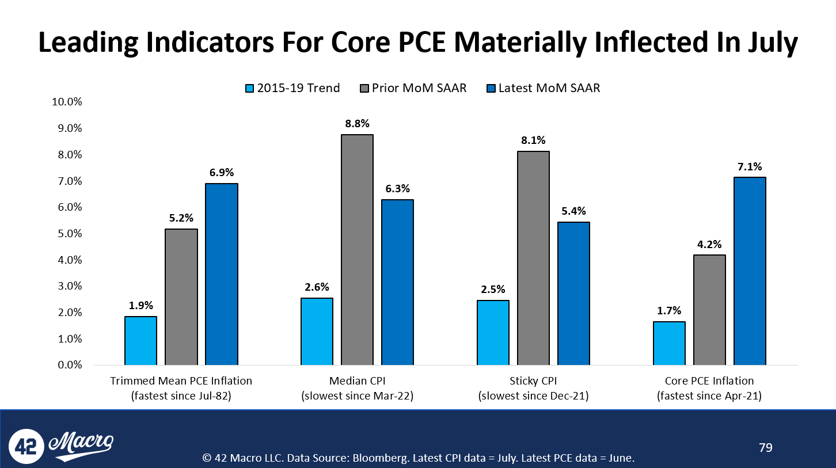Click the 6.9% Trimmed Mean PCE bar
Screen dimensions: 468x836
(x=222, y=274)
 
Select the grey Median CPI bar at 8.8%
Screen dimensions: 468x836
(x=357, y=250)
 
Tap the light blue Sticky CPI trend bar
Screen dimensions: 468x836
(x=493, y=333)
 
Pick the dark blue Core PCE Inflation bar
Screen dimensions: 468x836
(x=750, y=271)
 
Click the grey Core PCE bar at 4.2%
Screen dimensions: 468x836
(x=709, y=310)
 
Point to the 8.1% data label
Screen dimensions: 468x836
(x=533, y=140)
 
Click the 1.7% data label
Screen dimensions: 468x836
(x=669, y=311)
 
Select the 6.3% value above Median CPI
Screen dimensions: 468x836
(x=397, y=189)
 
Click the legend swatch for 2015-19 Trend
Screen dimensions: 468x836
(x=249, y=89)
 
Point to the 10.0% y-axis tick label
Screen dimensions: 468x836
(x=68, y=102)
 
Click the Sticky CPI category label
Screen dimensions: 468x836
(x=533, y=381)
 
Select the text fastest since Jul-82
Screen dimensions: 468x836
(x=181, y=396)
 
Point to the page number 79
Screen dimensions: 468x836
(x=766, y=447)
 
